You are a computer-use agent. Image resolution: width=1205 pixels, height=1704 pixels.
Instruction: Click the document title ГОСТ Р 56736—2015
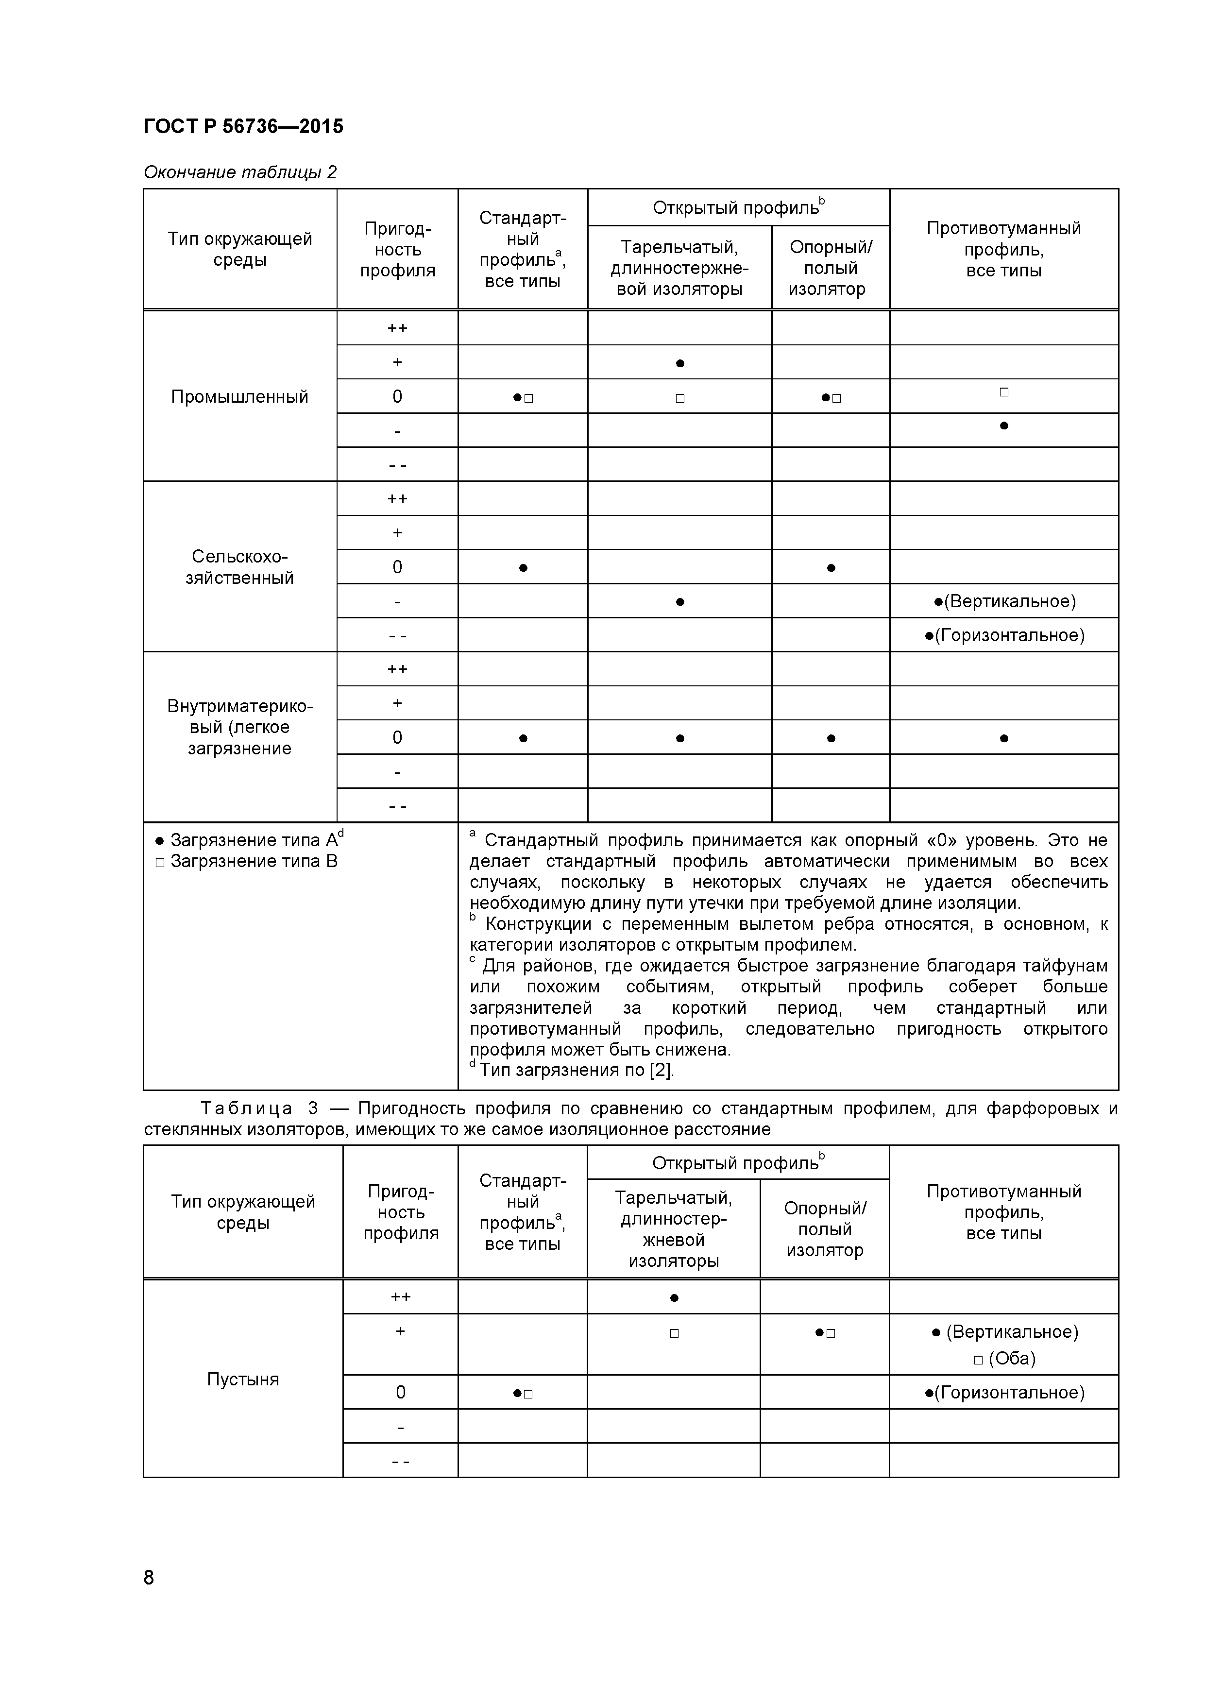point(243,127)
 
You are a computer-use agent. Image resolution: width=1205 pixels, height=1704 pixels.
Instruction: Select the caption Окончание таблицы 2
point(239,172)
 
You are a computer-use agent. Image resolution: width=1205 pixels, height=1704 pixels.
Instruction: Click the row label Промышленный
point(239,397)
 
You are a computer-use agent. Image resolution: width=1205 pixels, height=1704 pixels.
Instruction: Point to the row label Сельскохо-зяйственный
point(239,567)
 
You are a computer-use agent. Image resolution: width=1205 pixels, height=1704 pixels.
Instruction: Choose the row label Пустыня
point(243,1379)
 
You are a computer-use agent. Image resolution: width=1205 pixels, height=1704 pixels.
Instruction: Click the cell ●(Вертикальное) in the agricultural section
point(1004,601)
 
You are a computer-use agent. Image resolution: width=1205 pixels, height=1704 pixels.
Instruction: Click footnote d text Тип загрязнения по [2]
point(577,1070)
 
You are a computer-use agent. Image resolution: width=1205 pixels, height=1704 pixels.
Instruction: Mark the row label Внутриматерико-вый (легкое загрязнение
point(239,727)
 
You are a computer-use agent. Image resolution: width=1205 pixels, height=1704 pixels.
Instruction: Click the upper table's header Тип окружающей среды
point(239,249)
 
